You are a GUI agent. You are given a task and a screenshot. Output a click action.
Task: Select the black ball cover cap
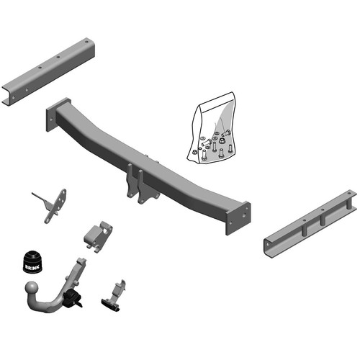click(34, 259)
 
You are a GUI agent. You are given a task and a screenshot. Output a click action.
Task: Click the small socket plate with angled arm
click(55, 204)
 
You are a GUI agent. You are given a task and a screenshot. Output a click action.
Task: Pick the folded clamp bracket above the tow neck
click(98, 233)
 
